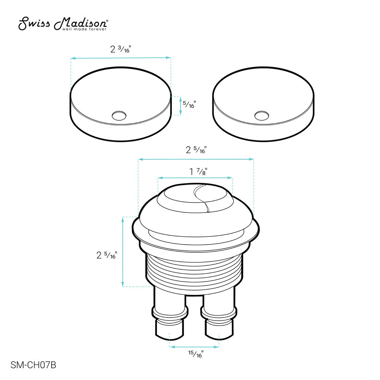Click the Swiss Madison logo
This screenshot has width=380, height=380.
pos(64,24)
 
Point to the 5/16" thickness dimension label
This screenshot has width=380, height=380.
pos(189,104)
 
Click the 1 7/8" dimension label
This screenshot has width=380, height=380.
pos(198,171)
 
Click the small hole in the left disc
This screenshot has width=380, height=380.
pos(120,115)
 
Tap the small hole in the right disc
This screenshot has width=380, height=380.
pos(261,115)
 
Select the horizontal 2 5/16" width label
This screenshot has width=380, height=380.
pos(196,150)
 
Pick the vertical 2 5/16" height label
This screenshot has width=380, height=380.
pos(106,255)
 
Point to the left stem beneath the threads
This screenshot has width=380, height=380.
pos(169,312)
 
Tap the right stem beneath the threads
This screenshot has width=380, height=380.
pos(219,312)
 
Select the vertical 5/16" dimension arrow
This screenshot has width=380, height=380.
pos(180,106)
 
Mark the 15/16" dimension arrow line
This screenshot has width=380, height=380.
pos(194,347)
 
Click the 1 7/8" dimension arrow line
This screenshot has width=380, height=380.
pos(195,178)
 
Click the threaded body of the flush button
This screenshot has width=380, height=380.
pos(194,270)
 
